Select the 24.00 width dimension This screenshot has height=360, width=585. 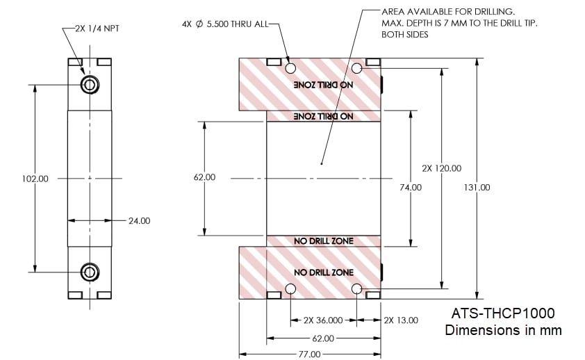point(139,221)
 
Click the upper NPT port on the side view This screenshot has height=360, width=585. point(90,85)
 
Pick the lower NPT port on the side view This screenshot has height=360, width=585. point(90,272)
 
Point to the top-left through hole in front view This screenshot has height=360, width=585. point(290,68)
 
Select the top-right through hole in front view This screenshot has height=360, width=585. point(357,68)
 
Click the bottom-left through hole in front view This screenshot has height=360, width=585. point(290,288)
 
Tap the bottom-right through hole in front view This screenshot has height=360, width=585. point(357,288)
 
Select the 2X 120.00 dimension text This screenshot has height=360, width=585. point(442,168)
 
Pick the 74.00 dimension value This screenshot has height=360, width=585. point(411,187)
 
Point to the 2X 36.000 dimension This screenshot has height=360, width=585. point(323,320)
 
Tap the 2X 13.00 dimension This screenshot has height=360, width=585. point(401,320)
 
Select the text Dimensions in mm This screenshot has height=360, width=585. point(503,329)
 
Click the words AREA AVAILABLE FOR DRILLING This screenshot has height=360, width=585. point(447,13)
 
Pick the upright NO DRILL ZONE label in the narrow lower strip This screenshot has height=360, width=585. point(324,240)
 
